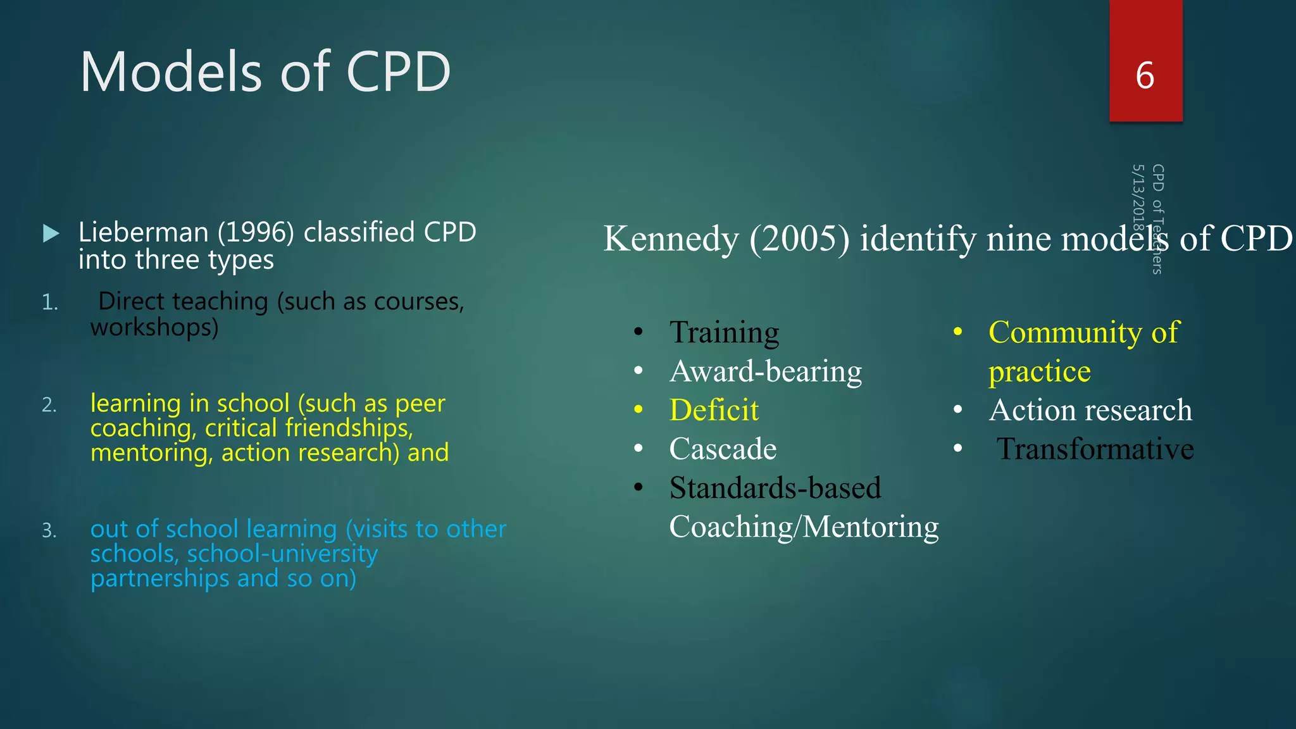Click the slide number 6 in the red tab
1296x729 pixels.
click(x=1145, y=76)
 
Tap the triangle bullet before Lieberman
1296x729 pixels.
click(x=51, y=234)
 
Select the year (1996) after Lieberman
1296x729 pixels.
click(x=256, y=232)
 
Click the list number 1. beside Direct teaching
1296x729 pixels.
click(x=49, y=302)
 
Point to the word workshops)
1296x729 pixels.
click(x=154, y=327)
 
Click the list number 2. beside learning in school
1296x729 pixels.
click(x=49, y=404)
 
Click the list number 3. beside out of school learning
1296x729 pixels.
click(x=49, y=530)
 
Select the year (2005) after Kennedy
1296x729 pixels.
click(x=800, y=239)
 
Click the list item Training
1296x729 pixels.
click(x=724, y=332)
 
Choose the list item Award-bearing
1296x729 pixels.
click(x=766, y=371)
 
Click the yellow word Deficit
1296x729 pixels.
click(x=714, y=410)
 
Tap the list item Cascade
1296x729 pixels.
click(x=723, y=449)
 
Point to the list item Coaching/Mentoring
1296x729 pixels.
click(x=804, y=526)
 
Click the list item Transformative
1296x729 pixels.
click(x=1095, y=449)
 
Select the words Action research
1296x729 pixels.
click(x=1090, y=410)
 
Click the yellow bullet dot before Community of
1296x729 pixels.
click(x=958, y=332)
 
